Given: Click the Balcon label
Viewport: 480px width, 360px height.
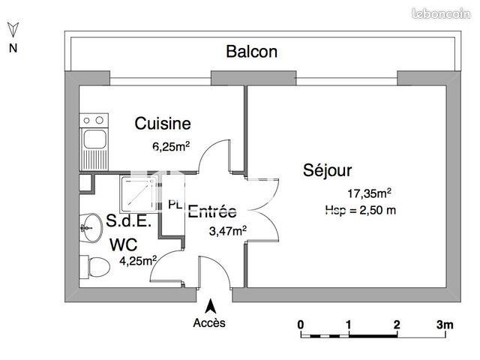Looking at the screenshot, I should tap(252, 52).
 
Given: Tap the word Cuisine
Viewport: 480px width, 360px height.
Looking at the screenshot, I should tap(162, 124).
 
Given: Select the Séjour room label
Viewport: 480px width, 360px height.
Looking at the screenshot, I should tap(328, 170).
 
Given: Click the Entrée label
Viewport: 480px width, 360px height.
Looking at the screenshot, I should tap(212, 211).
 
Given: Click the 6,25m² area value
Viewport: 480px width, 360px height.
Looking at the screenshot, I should tap(171, 147).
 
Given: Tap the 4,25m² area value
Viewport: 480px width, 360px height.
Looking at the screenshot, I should tap(138, 261).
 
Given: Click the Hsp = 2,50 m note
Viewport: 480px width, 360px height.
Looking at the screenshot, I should tap(361, 210).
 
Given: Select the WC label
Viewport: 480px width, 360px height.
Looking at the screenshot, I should tap(124, 244).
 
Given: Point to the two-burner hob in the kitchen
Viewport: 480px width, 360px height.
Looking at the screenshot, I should tap(95, 120).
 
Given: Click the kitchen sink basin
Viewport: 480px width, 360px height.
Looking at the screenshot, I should tap(95, 139).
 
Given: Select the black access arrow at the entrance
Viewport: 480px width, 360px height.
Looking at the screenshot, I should tap(211, 306).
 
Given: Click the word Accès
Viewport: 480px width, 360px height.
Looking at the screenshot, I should tap(209, 323).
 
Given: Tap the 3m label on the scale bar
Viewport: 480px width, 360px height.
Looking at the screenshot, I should tap(445, 325).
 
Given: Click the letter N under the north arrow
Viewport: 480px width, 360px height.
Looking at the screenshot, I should tap(13, 49).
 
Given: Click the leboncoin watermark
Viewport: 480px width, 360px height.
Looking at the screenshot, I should tap(448, 10).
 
